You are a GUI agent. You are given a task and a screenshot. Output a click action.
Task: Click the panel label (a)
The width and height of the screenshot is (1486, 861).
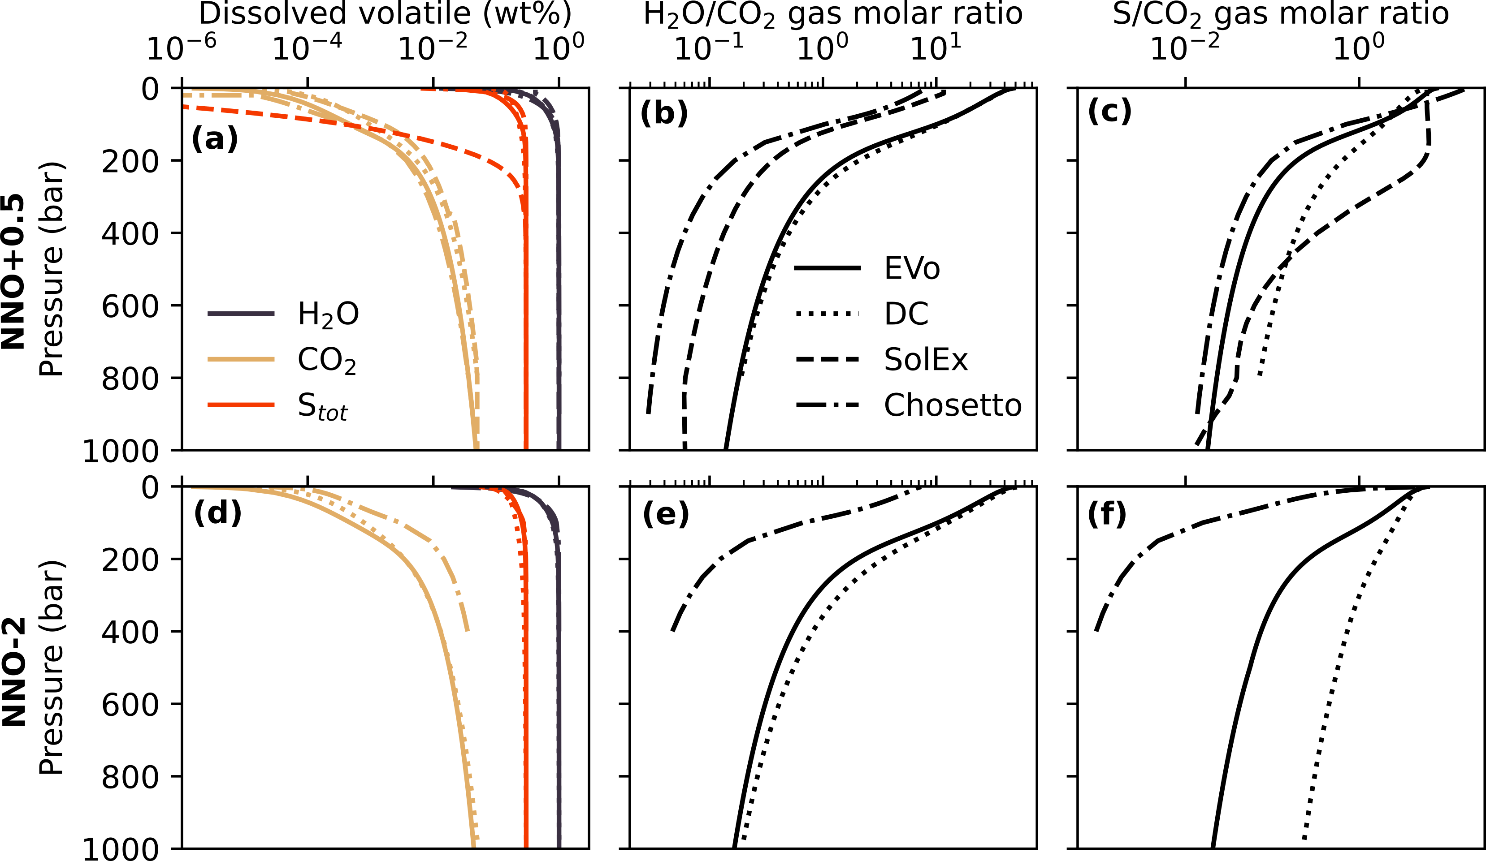click(x=215, y=140)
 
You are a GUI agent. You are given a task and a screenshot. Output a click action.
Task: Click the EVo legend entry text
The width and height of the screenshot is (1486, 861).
click(x=912, y=269)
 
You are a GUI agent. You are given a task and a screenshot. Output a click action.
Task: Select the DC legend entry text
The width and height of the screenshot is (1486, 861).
click(x=906, y=314)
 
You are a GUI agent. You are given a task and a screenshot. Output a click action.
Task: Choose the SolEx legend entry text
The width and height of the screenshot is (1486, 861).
click(x=926, y=359)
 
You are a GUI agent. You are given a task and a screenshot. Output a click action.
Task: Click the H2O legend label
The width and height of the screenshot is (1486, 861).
click(x=328, y=314)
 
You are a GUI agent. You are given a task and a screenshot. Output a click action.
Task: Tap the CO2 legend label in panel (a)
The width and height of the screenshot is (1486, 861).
click(x=327, y=361)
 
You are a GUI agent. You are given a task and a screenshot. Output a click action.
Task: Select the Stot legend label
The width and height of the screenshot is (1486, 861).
click(x=322, y=407)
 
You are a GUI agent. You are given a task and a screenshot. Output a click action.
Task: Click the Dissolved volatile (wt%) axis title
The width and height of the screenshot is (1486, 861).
click(x=385, y=14)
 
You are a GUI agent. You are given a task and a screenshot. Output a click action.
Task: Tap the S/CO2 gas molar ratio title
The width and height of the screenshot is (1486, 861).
click(x=1280, y=14)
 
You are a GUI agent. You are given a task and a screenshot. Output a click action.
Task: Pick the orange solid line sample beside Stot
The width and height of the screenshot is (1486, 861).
click(x=241, y=405)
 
